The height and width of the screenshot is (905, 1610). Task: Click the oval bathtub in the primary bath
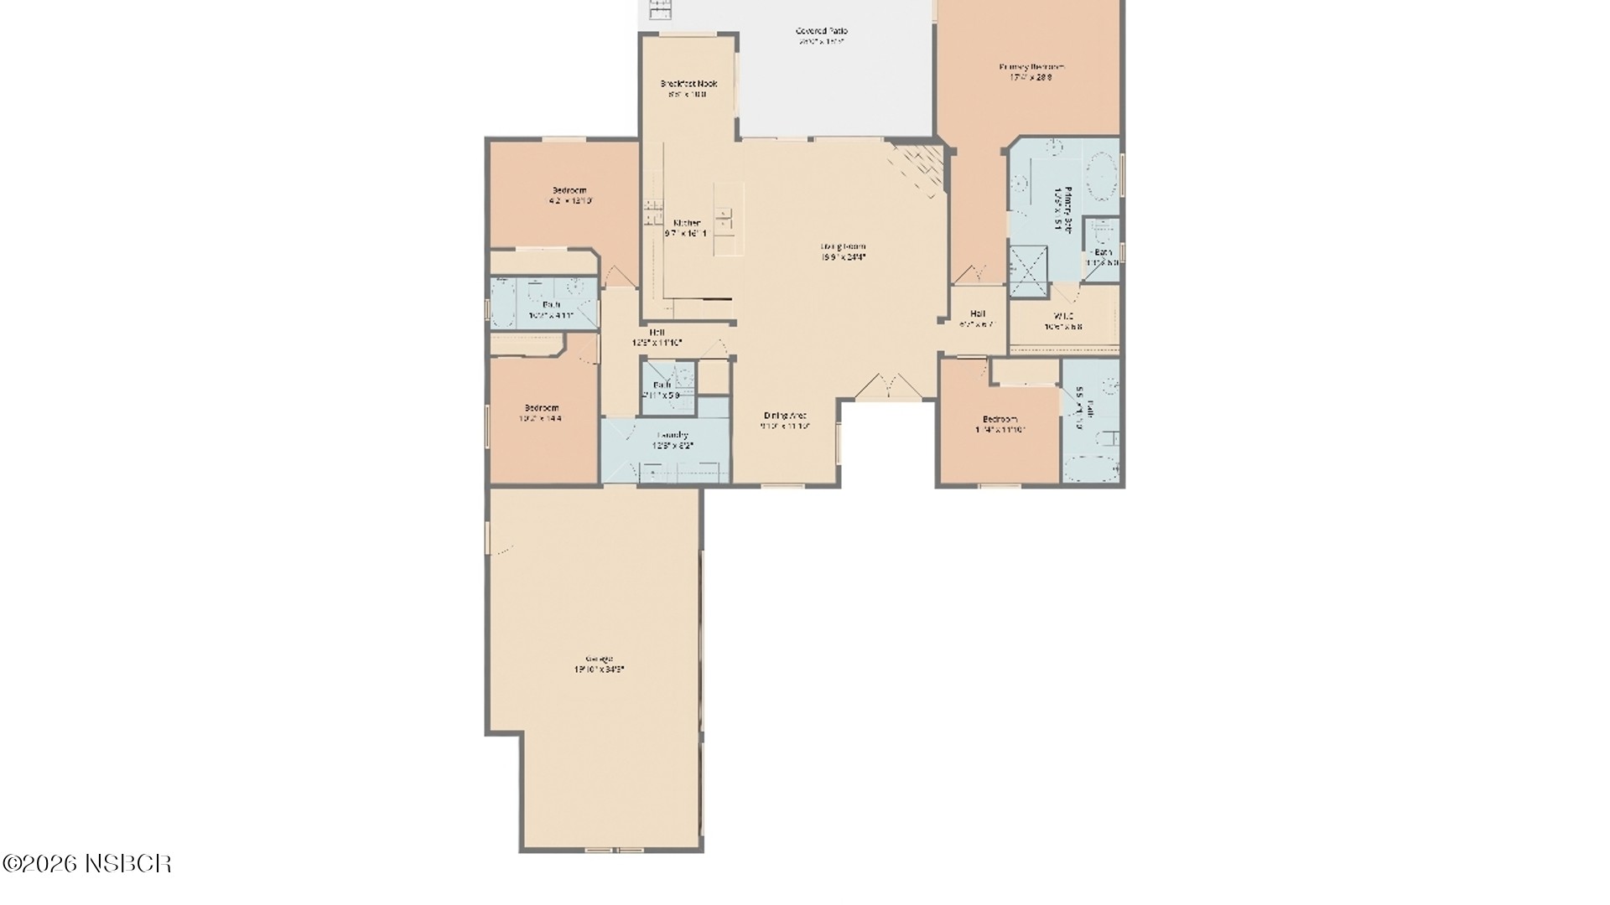point(1101,178)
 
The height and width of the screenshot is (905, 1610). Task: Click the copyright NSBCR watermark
point(87,864)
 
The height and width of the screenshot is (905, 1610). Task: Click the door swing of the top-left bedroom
point(618,275)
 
